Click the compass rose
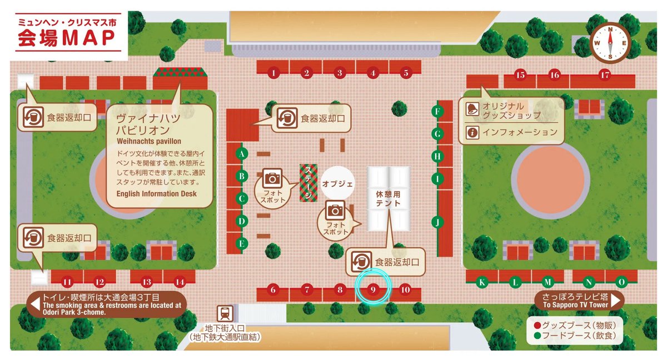click(x=610, y=42)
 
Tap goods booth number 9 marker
click(x=374, y=289)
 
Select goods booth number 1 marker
click(x=272, y=72)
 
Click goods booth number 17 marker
click(x=605, y=74)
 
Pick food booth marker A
click(x=242, y=154)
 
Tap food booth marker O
click(x=621, y=282)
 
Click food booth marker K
click(x=482, y=282)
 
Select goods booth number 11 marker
click(x=67, y=282)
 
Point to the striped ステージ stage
click(x=307, y=182)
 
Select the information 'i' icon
click(x=474, y=132)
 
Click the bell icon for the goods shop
click(x=474, y=109)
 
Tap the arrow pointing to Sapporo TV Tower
click(x=615, y=301)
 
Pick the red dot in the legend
click(x=537, y=325)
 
